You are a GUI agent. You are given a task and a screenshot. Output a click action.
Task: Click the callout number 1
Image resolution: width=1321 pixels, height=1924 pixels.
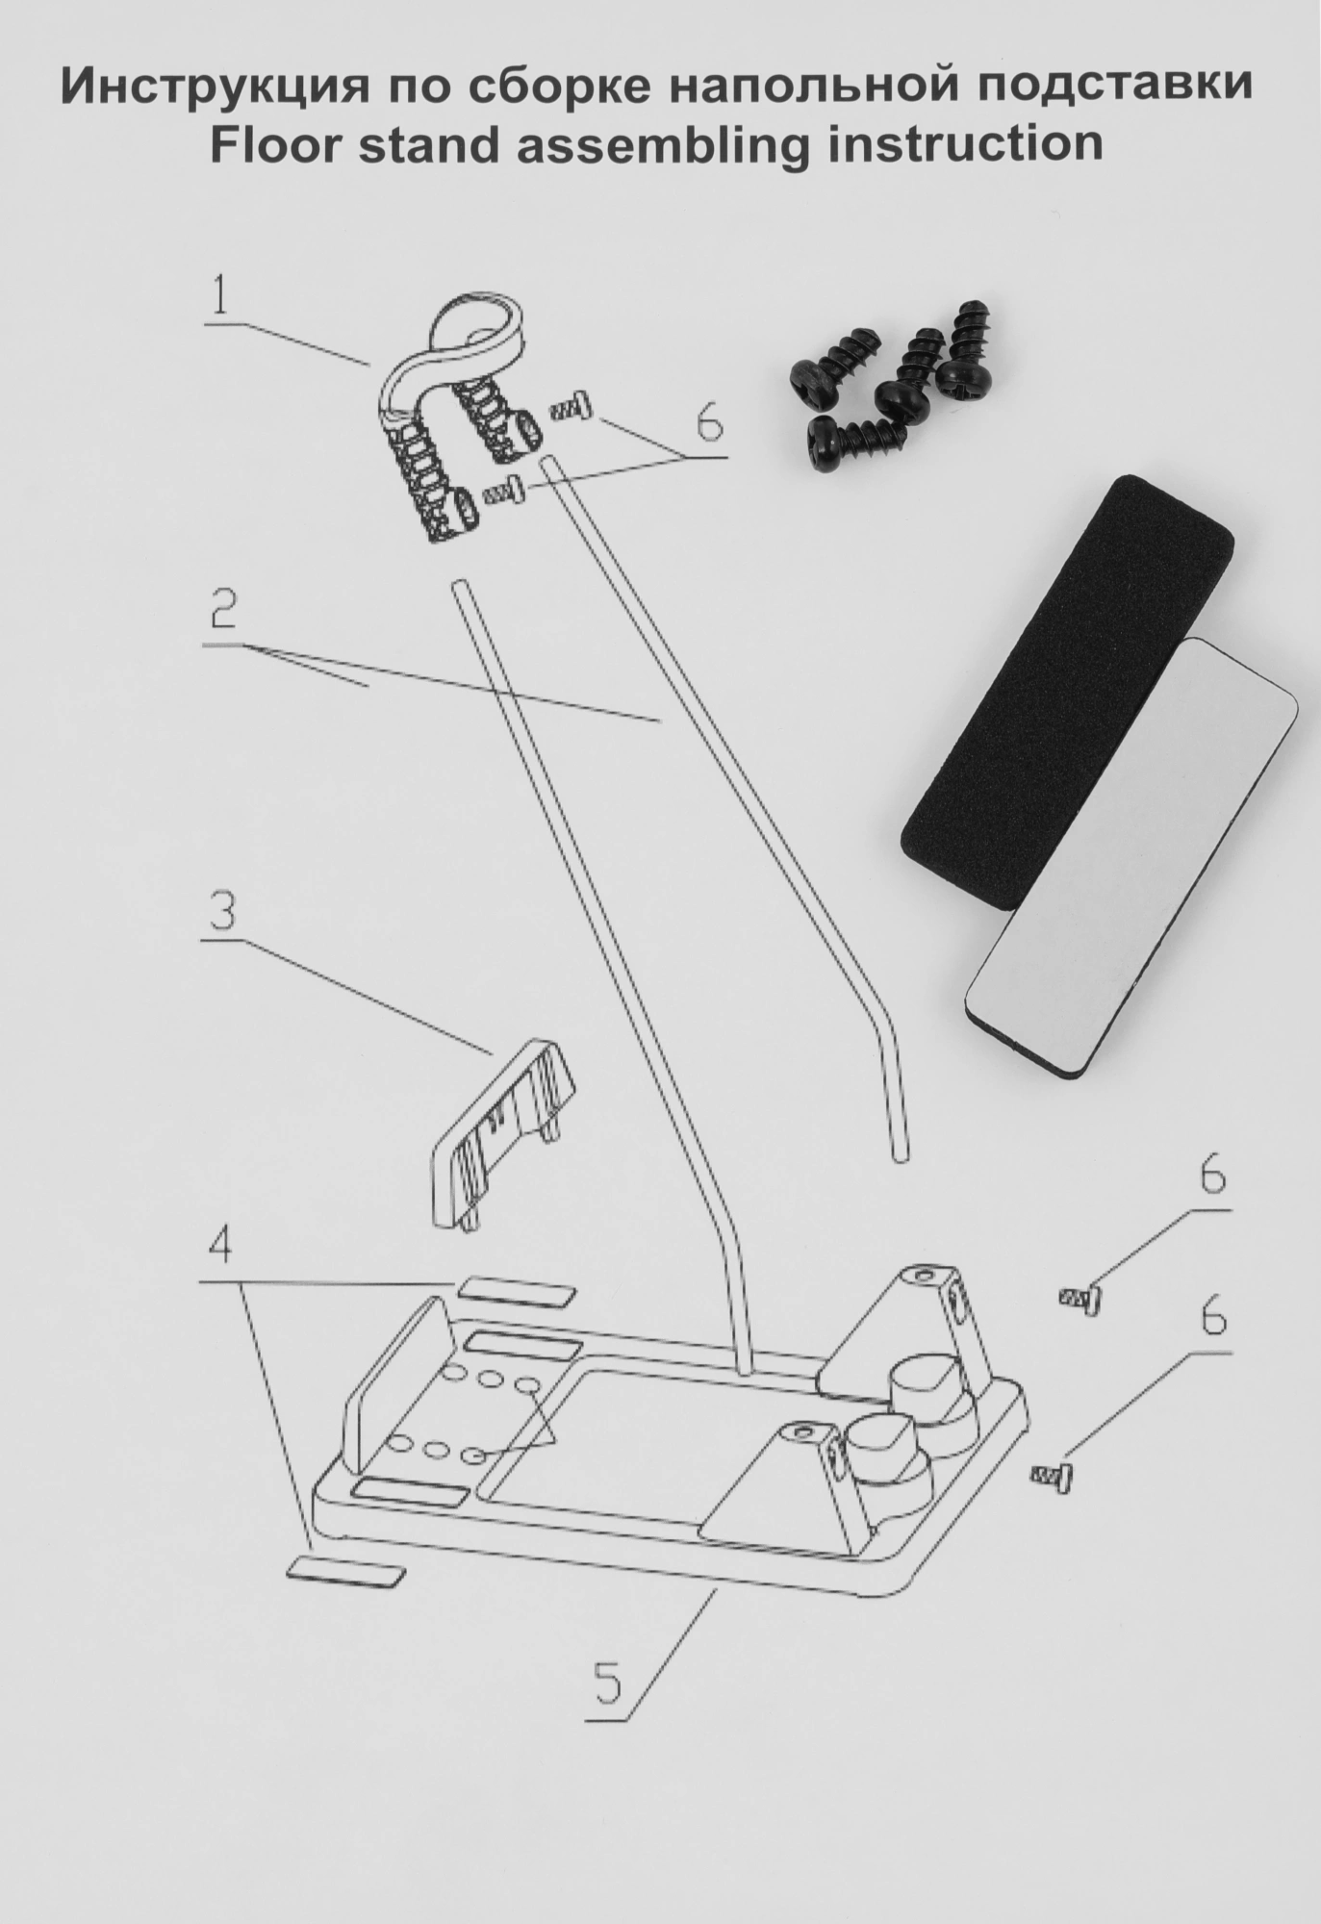tap(220, 296)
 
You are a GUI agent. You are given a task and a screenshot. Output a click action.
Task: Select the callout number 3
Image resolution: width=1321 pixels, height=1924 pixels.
tap(221, 911)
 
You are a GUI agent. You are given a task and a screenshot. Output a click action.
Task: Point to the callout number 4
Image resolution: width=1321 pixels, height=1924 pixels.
tap(220, 1248)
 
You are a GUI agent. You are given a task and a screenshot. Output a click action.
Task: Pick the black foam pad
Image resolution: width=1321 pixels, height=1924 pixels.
tap(1067, 693)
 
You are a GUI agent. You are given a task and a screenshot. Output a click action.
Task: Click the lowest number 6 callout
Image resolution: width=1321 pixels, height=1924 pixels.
tap(1214, 1317)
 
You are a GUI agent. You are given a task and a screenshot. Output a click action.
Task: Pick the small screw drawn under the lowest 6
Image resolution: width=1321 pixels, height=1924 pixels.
tap(1054, 1474)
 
